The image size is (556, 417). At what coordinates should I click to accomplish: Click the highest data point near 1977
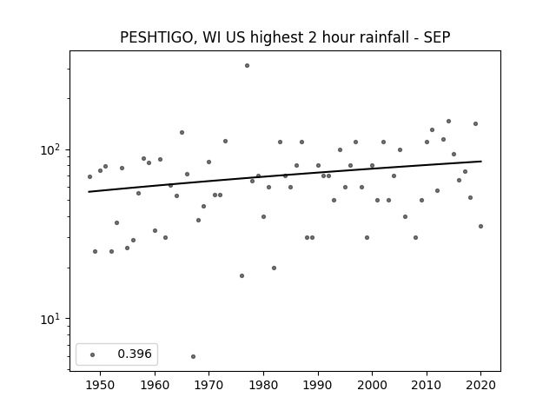click(247, 66)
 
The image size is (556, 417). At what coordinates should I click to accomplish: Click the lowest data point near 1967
click(193, 356)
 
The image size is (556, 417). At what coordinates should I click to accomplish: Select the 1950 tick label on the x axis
click(101, 385)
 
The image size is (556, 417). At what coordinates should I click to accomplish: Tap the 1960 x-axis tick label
click(155, 385)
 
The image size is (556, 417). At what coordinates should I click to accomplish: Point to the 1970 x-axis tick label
click(208, 385)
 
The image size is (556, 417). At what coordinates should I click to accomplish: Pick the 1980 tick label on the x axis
click(263, 385)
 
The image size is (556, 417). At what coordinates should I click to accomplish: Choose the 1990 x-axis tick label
click(318, 385)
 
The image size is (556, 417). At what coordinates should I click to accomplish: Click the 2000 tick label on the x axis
click(372, 385)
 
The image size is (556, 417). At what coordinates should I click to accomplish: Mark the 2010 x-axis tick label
click(427, 385)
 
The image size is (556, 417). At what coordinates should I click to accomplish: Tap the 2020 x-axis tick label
click(480, 385)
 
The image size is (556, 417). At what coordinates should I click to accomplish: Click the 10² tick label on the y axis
click(50, 149)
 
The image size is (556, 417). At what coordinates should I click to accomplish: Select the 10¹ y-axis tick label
click(50, 319)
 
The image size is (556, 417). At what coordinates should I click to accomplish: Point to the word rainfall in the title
click(385, 37)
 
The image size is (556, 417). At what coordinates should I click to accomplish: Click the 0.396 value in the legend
click(135, 354)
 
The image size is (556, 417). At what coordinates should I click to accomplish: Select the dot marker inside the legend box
click(93, 354)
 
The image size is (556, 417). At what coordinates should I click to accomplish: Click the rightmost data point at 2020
click(480, 226)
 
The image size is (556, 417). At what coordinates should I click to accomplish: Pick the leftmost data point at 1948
click(89, 176)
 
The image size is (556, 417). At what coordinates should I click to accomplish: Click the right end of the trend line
click(481, 162)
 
